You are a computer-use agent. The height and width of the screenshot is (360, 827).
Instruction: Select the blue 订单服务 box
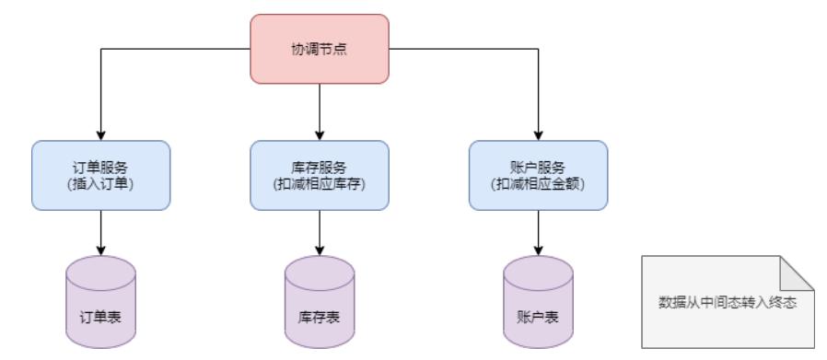[x=100, y=175]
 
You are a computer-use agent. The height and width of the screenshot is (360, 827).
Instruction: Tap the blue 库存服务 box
[x=319, y=175]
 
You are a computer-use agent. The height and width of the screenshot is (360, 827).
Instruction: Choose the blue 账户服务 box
[x=538, y=175]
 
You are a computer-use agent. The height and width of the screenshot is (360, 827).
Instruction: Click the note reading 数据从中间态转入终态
[x=728, y=301]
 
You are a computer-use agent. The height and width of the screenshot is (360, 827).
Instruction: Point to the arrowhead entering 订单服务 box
[x=100, y=134]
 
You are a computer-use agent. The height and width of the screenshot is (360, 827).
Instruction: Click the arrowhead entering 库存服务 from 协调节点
[x=319, y=134]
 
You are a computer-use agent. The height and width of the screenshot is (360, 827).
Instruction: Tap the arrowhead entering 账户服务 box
[x=538, y=134]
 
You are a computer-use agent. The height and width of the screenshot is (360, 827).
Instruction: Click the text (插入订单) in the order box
[x=100, y=183]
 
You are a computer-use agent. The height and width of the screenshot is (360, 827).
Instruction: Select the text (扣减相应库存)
[x=319, y=183]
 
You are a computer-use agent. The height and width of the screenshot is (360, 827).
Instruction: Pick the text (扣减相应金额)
[x=538, y=183]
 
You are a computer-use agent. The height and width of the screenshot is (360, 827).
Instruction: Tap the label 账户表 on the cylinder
[x=538, y=316]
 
